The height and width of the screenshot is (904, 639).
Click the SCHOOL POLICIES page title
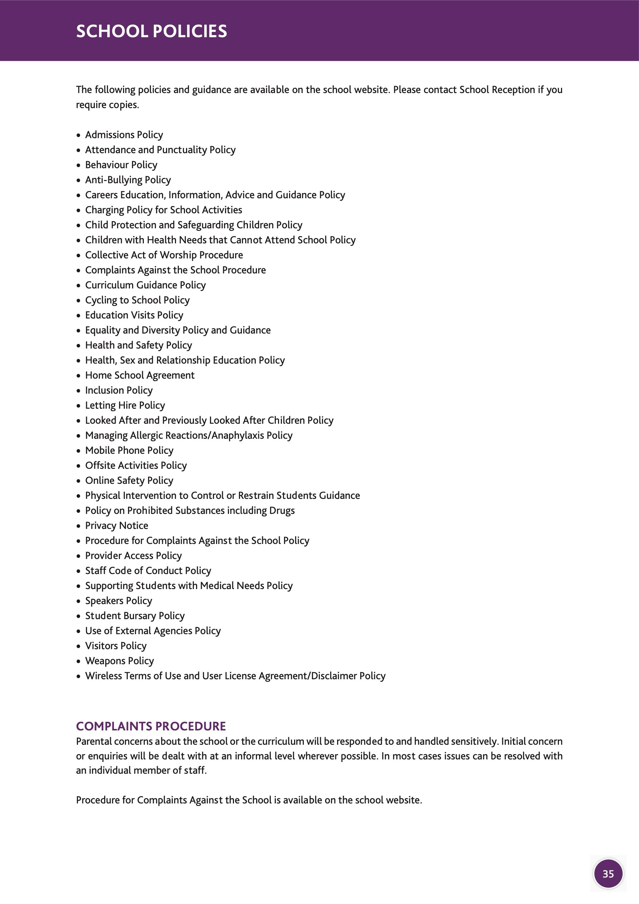click(151, 31)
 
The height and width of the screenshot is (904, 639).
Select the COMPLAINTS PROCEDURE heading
click(151, 726)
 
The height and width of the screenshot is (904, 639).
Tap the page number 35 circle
click(608, 874)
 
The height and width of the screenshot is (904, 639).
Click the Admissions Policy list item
click(124, 135)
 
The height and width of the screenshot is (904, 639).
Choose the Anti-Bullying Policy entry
click(128, 180)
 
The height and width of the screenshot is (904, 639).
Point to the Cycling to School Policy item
click(137, 300)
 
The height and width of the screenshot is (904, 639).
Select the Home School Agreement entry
click(140, 375)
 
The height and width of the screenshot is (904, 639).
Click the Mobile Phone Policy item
click(129, 451)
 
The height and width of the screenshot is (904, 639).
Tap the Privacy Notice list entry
click(117, 526)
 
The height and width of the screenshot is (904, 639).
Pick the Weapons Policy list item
click(119, 661)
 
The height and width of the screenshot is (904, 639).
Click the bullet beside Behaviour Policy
click(78, 165)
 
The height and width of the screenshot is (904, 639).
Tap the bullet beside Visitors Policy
click(78, 646)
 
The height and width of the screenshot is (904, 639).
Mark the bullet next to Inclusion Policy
click(78, 391)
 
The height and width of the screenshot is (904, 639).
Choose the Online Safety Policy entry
click(129, 480)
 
